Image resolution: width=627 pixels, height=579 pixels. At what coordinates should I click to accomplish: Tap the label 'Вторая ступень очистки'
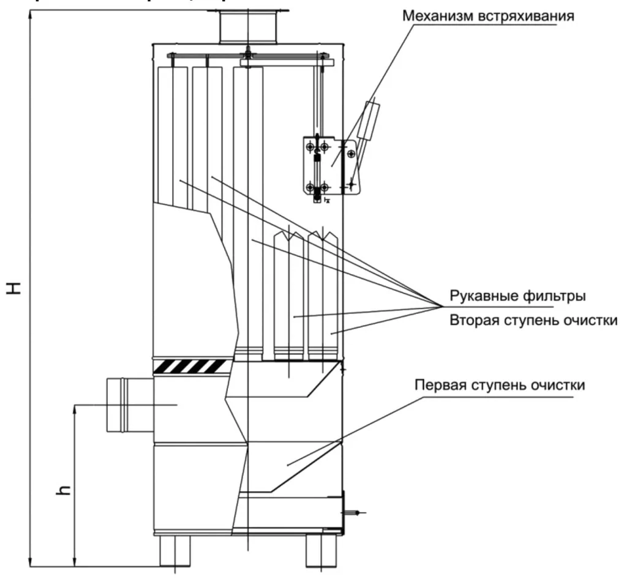coord(533,320)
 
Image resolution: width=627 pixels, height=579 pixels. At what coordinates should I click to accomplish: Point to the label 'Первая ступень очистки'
coord(499,386)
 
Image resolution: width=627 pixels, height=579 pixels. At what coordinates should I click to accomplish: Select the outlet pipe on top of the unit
coord(248,28)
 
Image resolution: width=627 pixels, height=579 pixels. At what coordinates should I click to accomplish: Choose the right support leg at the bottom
coord(322,550)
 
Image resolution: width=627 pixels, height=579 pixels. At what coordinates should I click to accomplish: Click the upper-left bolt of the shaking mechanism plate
coord(311,146)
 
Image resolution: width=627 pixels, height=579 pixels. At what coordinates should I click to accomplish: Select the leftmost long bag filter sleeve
coord(172,135)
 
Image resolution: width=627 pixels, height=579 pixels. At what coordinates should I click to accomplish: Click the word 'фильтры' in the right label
coord(559,296)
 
